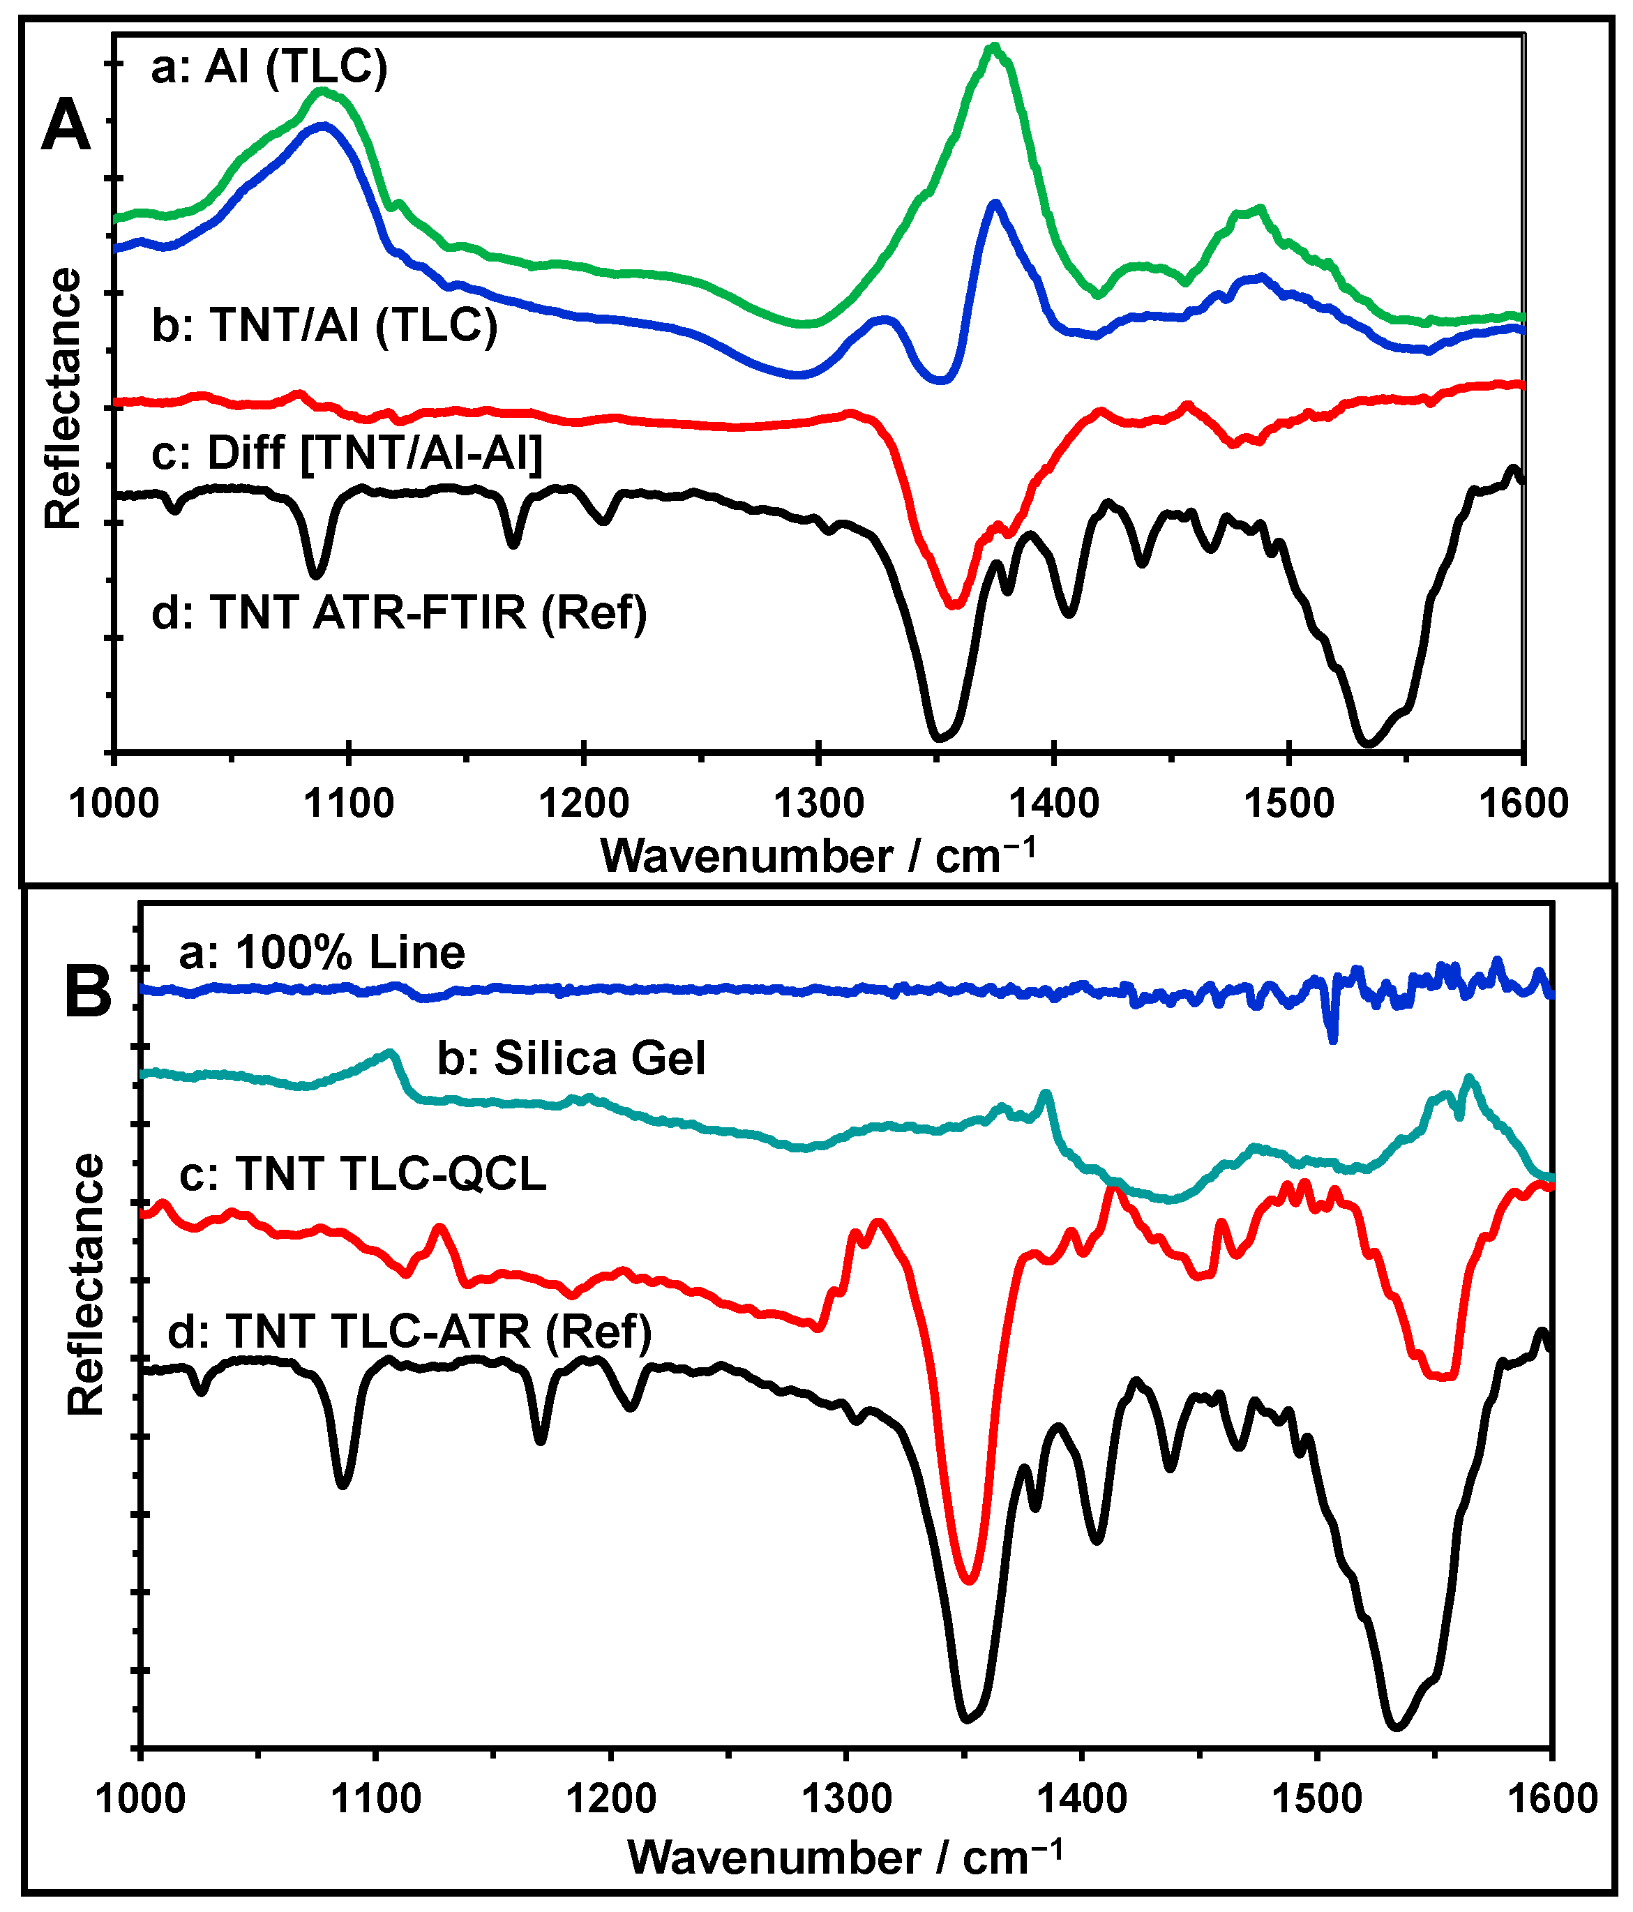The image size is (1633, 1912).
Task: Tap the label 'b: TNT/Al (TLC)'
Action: [325, 325]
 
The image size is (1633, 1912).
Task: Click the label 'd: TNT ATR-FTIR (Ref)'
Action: [398, 612]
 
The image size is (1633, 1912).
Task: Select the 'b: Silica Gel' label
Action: [571, 1057]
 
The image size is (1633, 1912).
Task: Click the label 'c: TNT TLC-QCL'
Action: [363, 1174]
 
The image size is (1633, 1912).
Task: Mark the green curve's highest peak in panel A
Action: [993, 46]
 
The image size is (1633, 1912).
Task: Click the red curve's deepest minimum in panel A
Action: [955, 604]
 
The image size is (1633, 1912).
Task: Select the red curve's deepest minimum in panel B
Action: [969, 1580]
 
